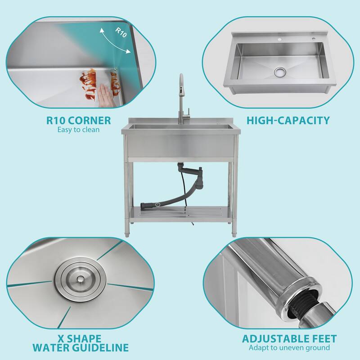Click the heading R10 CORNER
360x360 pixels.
79,120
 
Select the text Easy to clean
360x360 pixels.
79,130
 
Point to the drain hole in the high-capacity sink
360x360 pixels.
279,72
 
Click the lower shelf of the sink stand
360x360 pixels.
180,211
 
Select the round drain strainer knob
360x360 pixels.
79,279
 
